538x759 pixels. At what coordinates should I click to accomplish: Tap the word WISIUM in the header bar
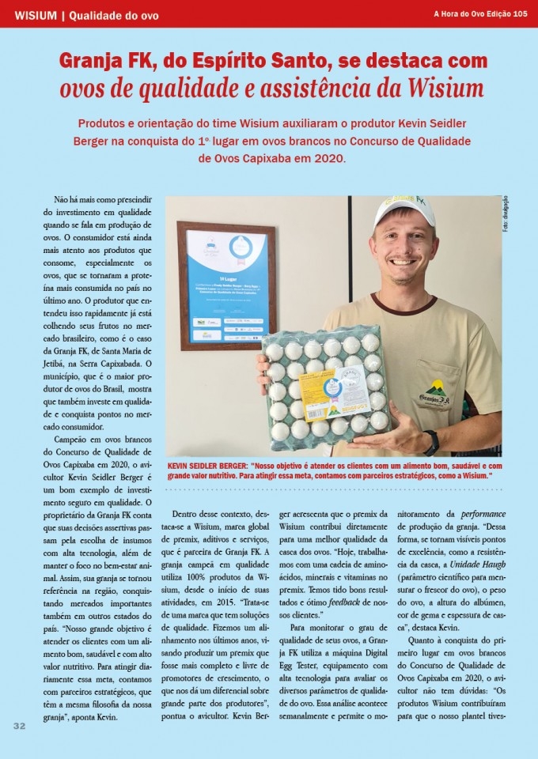tap(36, 14)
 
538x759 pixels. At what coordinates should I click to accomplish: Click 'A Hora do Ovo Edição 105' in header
tap(480, 13)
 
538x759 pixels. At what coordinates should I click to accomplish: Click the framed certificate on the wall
tap(225, 285)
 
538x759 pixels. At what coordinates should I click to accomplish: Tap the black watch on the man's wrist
tap(431, 442)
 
